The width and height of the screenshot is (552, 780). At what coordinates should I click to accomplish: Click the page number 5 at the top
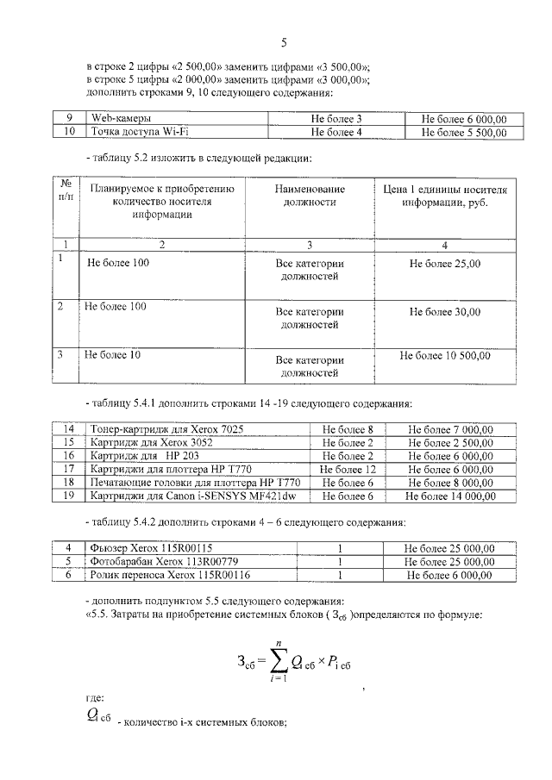point(283,42)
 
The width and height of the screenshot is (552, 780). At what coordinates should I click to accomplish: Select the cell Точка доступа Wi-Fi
point(129,132)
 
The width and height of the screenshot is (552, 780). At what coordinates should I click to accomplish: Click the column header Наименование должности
point(310,196)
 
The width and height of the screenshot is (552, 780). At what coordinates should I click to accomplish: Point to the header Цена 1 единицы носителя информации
point(445,196)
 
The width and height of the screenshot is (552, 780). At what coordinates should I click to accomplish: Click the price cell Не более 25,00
point(445,264)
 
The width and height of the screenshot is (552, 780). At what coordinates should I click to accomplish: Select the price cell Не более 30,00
point(445,312)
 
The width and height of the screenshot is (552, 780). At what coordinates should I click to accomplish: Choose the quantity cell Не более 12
point(347,470)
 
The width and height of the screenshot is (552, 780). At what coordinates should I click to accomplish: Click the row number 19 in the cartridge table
point(69,496)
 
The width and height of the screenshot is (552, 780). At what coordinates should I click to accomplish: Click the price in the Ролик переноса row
point(450,575)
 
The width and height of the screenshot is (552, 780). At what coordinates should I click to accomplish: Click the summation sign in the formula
point(277,662)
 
